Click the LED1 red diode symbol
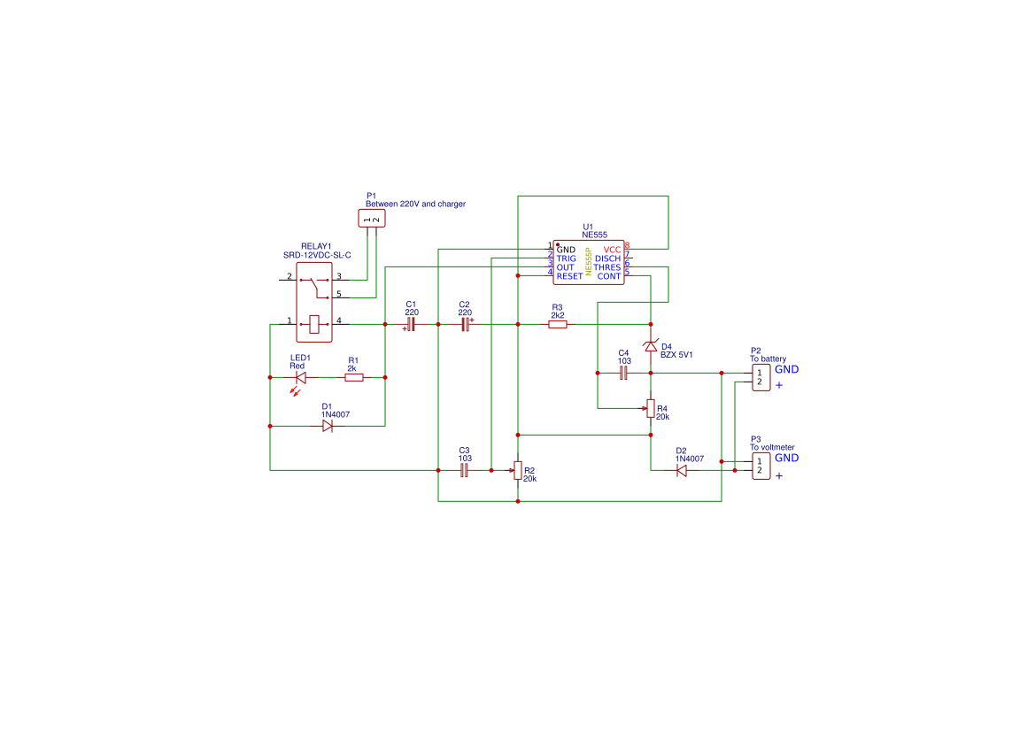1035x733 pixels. [x=300, y=377]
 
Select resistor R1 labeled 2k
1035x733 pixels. [x=353, y=377]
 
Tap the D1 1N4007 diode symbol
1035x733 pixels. [x=327, y=426]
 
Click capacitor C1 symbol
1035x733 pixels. [x=411, y=325]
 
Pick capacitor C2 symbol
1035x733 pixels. [x=465, y=325]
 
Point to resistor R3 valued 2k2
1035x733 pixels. [x=557, y=325]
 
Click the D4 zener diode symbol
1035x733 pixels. [x=651, y=346]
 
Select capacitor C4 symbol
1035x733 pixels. [x=623, y=374]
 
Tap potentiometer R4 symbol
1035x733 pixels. [x=651, y=408]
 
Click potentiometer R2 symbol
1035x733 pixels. [x=518, y=470]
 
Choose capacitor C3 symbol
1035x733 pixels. [x=464, y=471]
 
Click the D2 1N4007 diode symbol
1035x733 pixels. [x=681, y=471]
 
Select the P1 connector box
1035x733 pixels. [x=372, y=219]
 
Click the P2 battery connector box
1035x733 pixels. [x=761, y=378]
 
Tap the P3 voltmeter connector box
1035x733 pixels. [x=761, y=467]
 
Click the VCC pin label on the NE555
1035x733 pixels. [x=612, y=250]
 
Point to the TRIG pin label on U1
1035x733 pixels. [x=566, y=258]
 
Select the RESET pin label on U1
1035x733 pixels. [x=569, y=276]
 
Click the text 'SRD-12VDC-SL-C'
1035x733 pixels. [x=317, y=255]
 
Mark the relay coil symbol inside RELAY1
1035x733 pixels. [x=313, y=324]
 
